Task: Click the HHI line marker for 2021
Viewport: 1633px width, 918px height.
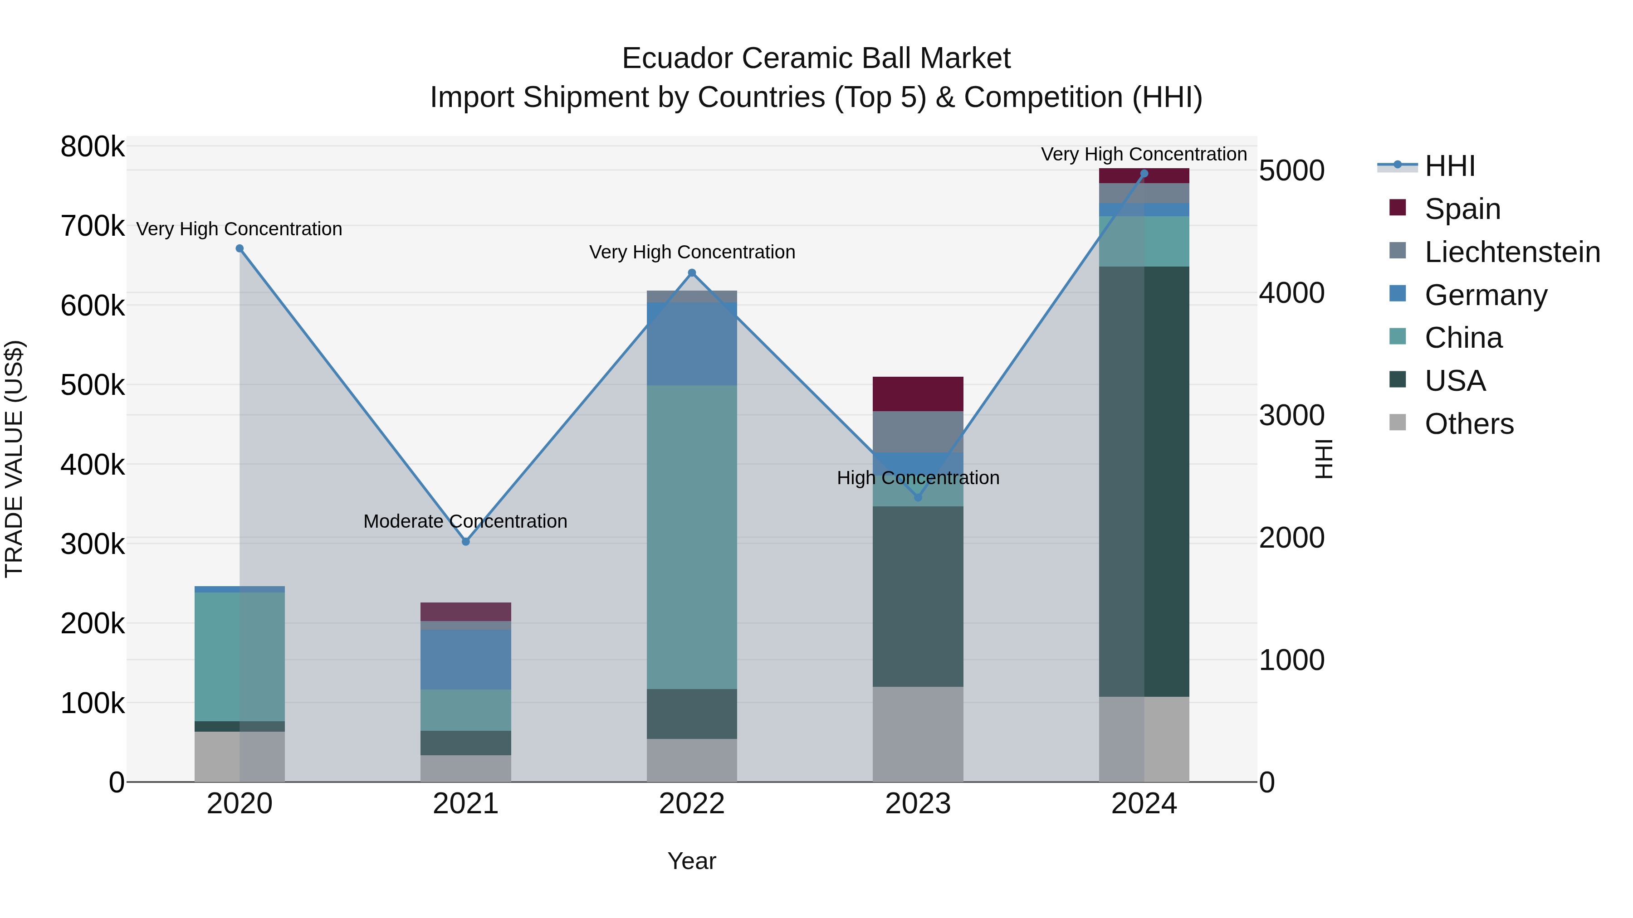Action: tap(466, 542)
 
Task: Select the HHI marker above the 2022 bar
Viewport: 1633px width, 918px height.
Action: tap(692, 273)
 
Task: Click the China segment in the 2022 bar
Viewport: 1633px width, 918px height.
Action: tap(692, 537)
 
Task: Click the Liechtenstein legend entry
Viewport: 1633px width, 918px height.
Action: tap(1512, 252)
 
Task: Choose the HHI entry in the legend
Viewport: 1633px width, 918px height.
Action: tap(1449, 166)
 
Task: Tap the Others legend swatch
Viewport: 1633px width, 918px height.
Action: tap(1397, 423)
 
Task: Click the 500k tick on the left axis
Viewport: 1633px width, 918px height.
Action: tap(93, 384)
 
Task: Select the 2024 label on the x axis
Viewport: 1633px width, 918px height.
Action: tap(1144, 804)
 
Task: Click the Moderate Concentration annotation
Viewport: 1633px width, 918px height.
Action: tap(465, 521)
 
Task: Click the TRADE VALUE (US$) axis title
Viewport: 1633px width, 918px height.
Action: tap(14, 459)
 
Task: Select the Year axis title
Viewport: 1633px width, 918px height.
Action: tap(692, 861)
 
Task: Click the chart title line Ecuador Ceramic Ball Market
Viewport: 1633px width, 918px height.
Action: tap(816, 58)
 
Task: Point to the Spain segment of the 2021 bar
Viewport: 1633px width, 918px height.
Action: tap(466, 612)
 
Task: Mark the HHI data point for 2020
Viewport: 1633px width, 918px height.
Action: tap(240, 248)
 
